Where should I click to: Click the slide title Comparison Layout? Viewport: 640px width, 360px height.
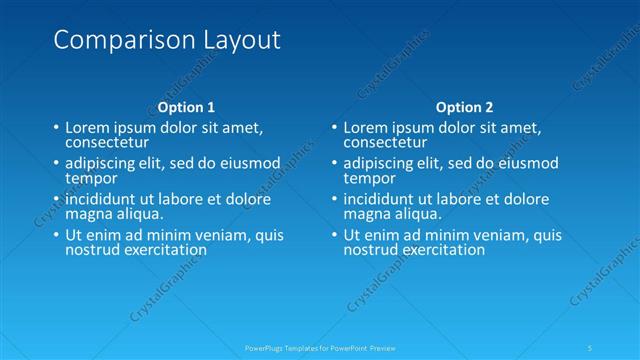coord(166,40)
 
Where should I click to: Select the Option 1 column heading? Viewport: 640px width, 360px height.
coord(186,107)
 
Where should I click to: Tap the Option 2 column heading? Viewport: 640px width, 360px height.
coord(465,107)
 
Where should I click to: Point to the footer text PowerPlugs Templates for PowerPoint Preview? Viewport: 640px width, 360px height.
coord(320,347)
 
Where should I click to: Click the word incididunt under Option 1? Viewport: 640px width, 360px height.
coord(104,199)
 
